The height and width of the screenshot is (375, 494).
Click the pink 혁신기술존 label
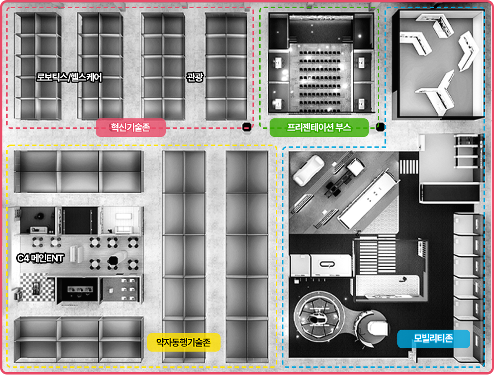coord(131,127)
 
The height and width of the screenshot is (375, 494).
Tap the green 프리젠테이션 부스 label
coord(319,127)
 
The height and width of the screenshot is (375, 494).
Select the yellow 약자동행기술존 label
coord(184,343)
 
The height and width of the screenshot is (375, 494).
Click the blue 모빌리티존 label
coord(434,339)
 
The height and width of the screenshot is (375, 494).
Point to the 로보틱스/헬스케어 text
coord(69,77)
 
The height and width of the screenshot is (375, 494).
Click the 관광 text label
coord(195,77)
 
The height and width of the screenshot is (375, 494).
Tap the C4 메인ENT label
coord(40,258)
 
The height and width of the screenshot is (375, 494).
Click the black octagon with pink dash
coord(247,127)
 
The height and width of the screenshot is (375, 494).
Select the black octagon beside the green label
coord(380,127)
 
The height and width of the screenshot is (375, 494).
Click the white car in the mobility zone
coord(308,170)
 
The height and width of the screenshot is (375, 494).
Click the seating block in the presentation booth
coord(320,82)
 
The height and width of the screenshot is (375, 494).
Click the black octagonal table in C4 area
coord(113,261)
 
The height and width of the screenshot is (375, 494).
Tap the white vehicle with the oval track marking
coord(331,265)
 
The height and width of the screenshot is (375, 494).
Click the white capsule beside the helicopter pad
coord(377,328)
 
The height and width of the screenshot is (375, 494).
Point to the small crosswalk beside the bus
coord(409,167)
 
